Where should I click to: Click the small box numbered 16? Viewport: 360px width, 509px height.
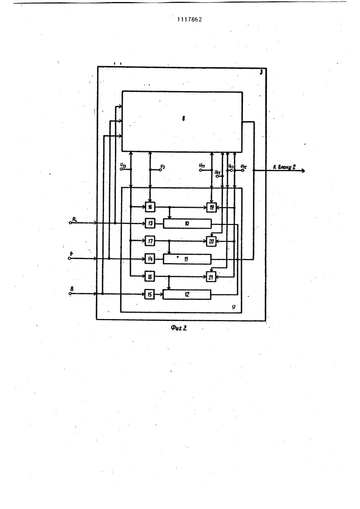coord(150,207)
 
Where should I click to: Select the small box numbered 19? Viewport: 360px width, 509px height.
coord(211,207)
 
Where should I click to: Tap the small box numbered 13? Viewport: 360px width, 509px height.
coord(150,223)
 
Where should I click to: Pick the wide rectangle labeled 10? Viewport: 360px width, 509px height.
coord(186,223)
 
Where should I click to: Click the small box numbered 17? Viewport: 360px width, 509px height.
coord(150,241)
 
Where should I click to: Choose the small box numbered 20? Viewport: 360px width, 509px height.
coord(211,241)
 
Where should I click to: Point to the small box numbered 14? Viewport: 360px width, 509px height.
coord(150,259)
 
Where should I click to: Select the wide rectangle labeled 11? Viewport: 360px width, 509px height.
coord(186,259)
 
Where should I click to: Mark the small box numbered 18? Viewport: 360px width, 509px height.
coord(150,276)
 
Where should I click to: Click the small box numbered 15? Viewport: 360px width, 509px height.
coord(150,294)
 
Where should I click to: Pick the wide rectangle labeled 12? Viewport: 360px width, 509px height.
coord(186,294)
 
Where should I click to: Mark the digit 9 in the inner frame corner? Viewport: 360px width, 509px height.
coord(233,307)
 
